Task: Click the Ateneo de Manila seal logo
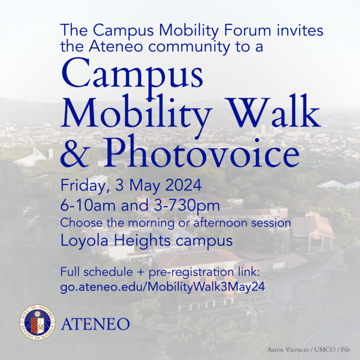point(38,322)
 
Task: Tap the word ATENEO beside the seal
point(96,324)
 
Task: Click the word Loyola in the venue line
point(81,242)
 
